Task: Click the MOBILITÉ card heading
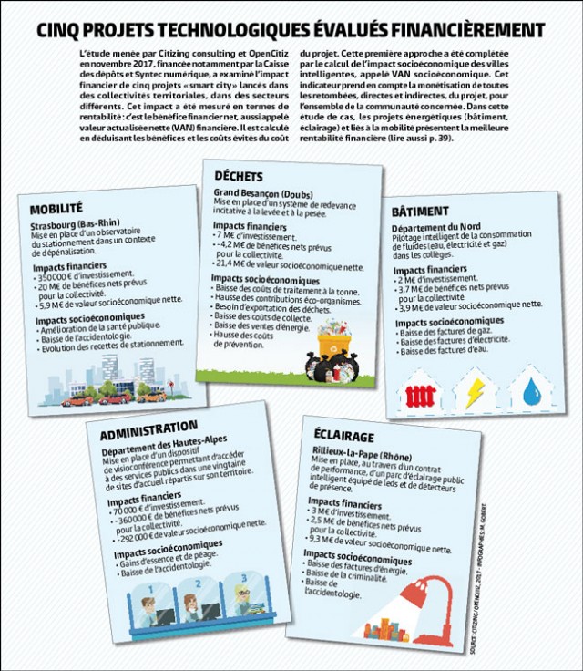tap(56, 208)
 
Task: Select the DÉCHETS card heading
tap(239, 176)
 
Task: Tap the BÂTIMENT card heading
tap(420, 210)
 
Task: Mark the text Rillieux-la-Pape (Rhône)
tap(370, 452)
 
